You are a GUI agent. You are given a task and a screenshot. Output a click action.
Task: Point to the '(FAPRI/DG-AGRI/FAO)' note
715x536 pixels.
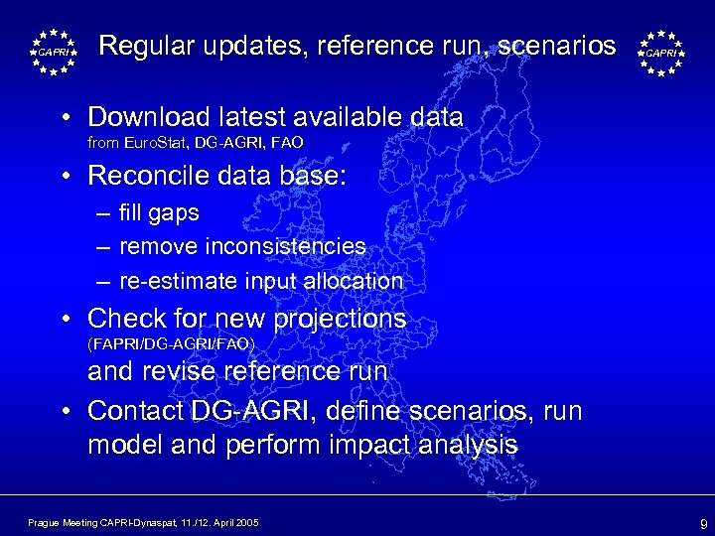(x=171, y=344)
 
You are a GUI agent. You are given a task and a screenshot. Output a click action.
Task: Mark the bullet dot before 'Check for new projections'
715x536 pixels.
(x=66, y=320)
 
